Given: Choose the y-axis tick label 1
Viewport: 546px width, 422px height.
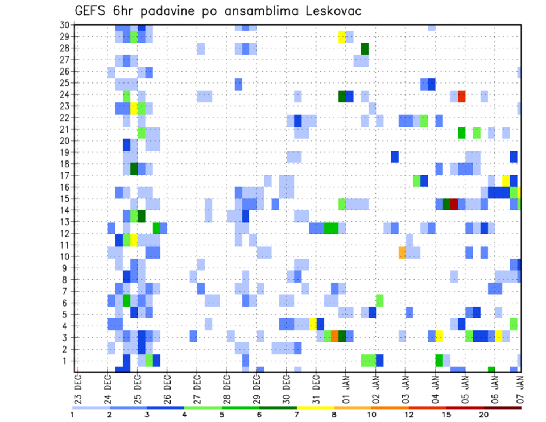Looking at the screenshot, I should [x=67, y=361].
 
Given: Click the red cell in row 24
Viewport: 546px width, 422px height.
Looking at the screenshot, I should [x=462, y=96].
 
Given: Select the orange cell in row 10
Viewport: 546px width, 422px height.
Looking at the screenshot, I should [x=402, y=252].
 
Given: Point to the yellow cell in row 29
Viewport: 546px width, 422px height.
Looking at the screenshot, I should [x=342, y=36].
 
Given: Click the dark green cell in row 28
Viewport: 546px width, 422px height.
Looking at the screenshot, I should [x=365, y=48].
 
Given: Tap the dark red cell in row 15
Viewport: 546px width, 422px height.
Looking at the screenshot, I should [x=454, y=204].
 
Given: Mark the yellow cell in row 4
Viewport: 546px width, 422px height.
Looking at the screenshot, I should [x=312, y=324].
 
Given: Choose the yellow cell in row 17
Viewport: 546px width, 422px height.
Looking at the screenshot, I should [x=506, y=180].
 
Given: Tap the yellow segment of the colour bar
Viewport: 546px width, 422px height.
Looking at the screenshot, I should [x=315, y=407].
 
